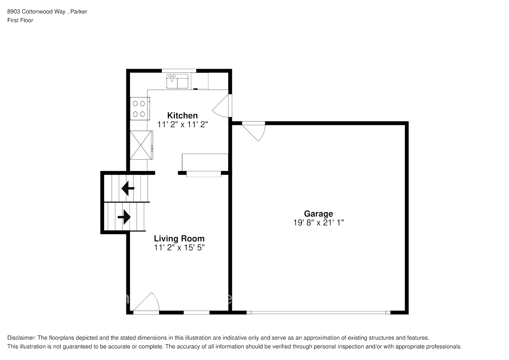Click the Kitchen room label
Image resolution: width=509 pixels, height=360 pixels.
pyautogui.click(x=183, y=116)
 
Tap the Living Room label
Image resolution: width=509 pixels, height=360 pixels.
pyautogui.click(x=179, y=239)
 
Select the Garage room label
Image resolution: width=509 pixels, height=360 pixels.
pyautogui.click(x=318, y=214)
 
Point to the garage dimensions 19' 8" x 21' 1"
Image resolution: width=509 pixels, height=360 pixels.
pyautogui.click(x=318, y=223)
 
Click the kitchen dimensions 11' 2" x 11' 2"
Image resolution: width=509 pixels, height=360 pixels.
pyautogui.click(x=183, y=125)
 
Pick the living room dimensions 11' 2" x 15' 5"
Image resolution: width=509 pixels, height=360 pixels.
pyautogui.click(x=179, y=248)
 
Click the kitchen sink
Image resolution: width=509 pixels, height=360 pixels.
pyautogui.click(x=177, y=81)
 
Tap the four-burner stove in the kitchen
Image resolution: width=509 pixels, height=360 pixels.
pyautogui.click(x=139, y=109)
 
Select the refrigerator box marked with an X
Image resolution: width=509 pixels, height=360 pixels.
pyautogui.click(x=140, y=145)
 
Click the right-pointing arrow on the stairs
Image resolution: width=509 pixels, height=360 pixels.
pyautogui.click(x=124, y=217)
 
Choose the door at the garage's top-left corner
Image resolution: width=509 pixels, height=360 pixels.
pyautogui.click(x=255, y=130)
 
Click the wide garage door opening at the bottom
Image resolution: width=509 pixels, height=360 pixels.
pyautogui.click(x=319, y=312)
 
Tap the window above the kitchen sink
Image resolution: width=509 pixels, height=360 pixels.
pyautogui.click(x=179, y=71)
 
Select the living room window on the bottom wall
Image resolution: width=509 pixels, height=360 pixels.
pyautogui.click(x=197, y=312)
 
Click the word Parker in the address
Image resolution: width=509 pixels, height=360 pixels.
pyautogui.click(x=78, y=12)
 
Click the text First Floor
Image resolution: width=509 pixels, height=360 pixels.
pyautogui.click(x=20, y=20)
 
